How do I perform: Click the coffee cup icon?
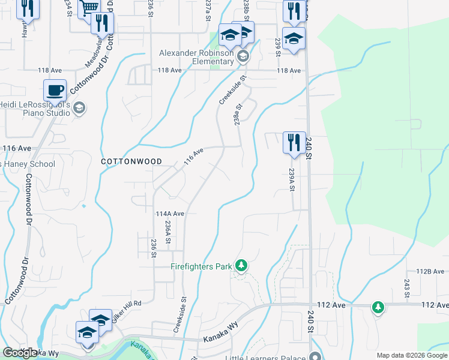(55, 90)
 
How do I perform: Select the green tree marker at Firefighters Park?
(241, 265)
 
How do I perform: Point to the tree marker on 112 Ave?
(378, 307)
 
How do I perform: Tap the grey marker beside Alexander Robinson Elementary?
(243, 57)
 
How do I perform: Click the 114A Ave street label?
(169, 214)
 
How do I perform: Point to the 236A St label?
(168, 232)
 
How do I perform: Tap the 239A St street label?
(291, 179)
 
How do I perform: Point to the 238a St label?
(238, 113)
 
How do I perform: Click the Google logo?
(20, 353)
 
